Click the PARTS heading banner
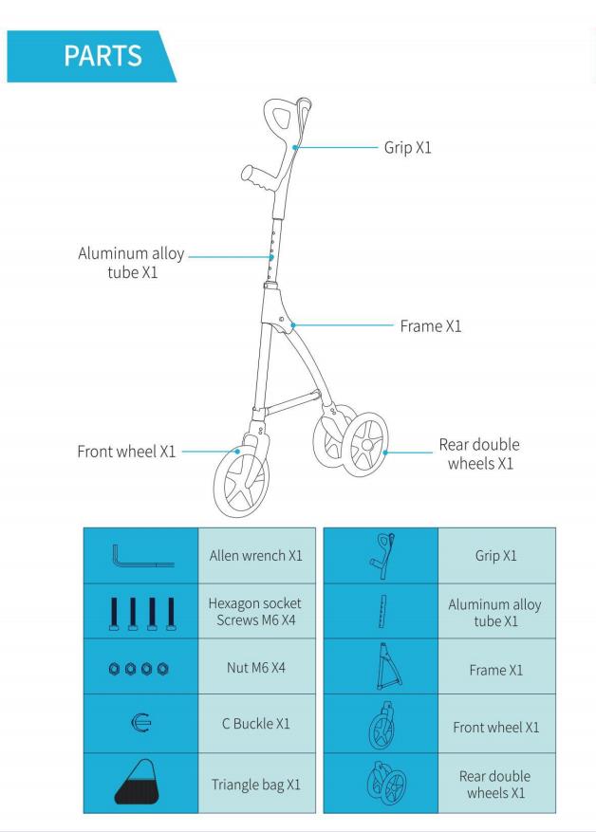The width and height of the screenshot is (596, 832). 90,56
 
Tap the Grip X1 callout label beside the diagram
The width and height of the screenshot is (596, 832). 407,147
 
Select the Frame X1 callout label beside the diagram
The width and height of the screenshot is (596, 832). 431,325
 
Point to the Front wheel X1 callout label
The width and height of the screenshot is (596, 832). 126,452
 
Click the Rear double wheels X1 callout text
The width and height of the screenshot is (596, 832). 479,453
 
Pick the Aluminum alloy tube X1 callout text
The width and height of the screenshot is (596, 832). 131,263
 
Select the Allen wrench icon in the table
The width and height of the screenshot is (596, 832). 142,556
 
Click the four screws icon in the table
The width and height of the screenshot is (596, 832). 142,614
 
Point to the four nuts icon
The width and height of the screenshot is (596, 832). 139,669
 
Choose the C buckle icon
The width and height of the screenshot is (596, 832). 141,723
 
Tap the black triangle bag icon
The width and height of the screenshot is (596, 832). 138,782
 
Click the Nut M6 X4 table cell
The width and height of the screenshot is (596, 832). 256,667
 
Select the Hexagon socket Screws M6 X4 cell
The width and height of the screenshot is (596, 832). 256,611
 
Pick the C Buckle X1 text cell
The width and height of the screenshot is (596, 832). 256,724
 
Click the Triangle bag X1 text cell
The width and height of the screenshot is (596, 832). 256,784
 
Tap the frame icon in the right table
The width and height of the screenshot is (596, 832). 388,666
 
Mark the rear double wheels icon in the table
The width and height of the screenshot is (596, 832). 387,784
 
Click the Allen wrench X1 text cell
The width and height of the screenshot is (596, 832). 256,556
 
